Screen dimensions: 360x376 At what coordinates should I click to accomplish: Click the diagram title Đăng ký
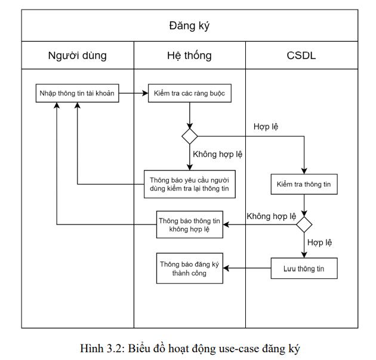(189, 26)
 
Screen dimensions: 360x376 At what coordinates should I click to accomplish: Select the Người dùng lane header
(78, 56)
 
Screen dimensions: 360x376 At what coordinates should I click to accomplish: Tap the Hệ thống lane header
(189, 56)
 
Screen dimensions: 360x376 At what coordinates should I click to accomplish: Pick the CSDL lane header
(301, 56)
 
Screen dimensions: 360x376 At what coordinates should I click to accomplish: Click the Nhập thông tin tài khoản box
(77, 94)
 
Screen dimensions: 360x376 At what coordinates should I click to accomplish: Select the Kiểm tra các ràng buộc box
(189, 94)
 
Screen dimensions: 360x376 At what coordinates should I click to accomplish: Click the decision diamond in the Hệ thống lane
(190, 136)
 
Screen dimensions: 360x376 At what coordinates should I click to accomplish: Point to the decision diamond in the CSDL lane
(304, 224)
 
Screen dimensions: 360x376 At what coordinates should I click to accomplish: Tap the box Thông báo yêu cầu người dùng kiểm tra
(190, 184)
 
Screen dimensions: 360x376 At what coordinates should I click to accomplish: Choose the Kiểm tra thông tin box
(304, 184)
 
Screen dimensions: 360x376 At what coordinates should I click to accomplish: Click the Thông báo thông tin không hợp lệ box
(190, 224)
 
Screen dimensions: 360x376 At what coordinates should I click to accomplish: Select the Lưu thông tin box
(304, 269)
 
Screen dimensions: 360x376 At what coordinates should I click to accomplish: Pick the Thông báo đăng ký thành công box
(190, 269)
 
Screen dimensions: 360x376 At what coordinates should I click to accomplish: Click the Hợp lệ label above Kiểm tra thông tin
(266, 127)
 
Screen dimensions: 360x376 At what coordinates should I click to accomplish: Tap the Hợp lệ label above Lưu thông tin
(320, 242)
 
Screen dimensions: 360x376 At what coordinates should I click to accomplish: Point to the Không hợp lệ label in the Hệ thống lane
(217, 154)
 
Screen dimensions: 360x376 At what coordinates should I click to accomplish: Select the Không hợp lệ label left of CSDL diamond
(271, 216)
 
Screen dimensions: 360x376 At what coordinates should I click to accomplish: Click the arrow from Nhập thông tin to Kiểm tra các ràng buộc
(134, 94)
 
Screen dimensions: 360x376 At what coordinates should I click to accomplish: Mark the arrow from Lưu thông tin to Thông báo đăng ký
(247, 269)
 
